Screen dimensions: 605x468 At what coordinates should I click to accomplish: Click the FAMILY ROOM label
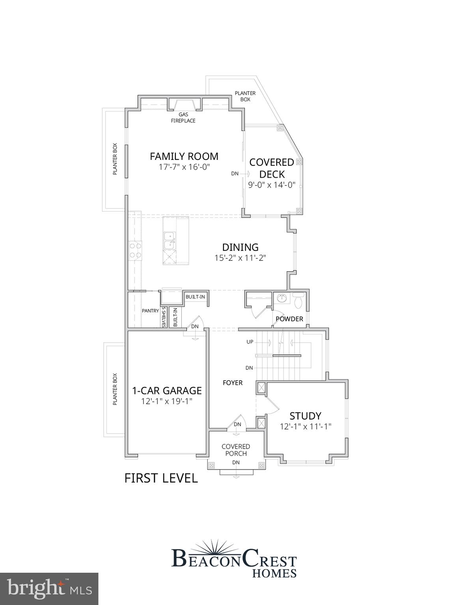click(184, 156)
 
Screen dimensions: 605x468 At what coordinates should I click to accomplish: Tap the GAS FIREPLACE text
click(183, 118)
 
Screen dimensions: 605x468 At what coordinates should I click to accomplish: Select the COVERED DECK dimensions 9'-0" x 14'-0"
click(272, 185)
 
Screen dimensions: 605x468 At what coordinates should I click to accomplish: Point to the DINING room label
click(240, 247)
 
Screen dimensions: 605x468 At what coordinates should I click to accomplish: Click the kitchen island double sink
click(170, 241)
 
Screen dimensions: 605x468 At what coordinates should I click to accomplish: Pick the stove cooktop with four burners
click(135, 251)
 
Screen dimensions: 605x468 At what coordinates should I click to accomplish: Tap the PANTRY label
click(150, 311)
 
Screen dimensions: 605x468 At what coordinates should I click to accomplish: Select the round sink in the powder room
click(282, 298)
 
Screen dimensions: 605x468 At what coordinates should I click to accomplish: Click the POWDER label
click(289, 319)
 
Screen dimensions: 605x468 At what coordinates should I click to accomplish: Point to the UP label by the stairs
click(250, 342)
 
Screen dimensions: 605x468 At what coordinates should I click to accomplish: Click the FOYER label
click(233, 383)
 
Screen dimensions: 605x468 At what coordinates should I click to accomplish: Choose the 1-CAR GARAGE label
click(167, 391)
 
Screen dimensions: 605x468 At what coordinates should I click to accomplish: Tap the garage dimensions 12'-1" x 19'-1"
click(167, 401)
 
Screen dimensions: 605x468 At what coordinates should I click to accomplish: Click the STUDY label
click(305, 416)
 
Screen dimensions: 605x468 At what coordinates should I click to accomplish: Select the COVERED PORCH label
click(236, 450)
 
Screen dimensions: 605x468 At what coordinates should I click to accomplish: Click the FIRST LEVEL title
click(161, 478)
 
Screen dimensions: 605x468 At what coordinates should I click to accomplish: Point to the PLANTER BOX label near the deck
click(245, 97)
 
